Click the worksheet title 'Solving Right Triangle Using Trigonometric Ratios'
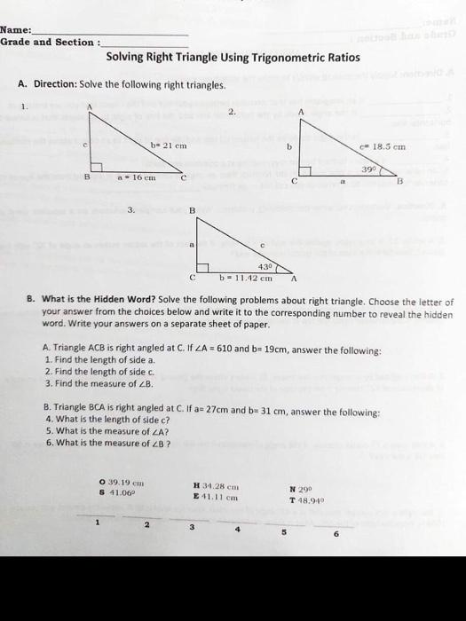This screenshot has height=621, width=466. (233, 58)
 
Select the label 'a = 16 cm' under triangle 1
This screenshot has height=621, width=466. (137, 177)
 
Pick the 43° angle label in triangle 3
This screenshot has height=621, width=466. (265, 265)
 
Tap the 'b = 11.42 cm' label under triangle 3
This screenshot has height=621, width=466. (246, 278)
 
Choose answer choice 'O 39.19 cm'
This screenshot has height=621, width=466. (124, 483)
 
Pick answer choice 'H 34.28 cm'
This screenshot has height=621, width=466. (217, 484)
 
